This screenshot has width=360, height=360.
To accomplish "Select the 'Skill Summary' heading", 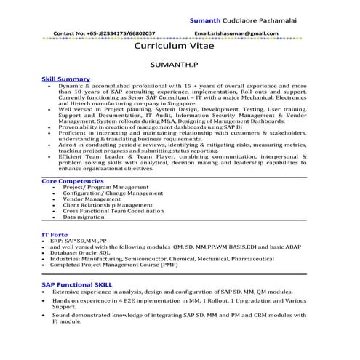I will pyautogui.click(x=66, y=79).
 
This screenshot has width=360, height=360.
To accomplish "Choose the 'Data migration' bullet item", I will pyautogui.click(x=84, y=217).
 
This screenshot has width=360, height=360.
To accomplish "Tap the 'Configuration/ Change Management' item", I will pyautogui.click(x=113, y=193).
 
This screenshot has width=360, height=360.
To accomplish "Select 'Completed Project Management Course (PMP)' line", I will pyautogui.click(x=121, y=265).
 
